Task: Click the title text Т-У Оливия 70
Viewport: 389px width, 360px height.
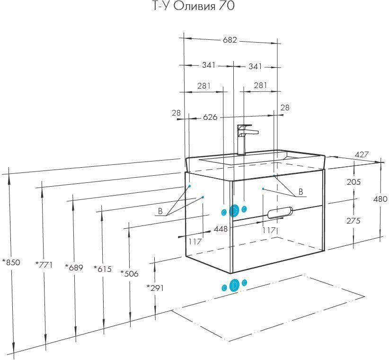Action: click(193, 6)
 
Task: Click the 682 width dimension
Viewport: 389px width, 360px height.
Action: click(230, 40)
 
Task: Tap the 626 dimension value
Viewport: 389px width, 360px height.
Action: click(210, 117)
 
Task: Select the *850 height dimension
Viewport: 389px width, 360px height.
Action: click(11, 262)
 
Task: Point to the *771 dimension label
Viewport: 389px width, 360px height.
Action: click(44, 265)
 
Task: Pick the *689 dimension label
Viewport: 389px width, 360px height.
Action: click(74, 267)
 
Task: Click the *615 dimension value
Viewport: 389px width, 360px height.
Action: click(103, 269)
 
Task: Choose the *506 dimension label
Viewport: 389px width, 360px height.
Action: click(129, 274)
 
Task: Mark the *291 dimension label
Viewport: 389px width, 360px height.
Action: click(155, 288)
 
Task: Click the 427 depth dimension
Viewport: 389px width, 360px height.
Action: click(362, 154)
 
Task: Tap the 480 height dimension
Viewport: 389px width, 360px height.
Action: click(380, 199)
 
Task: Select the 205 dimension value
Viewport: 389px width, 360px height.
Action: click(354, 182)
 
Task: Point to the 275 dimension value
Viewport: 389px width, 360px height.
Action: click(354, 220)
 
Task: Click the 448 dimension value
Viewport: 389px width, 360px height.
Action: click(221, 229)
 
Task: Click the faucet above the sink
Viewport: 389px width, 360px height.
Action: click(246, 140)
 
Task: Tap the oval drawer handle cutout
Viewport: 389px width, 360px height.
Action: click(280, 212)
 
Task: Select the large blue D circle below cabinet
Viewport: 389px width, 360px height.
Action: click(234, 285)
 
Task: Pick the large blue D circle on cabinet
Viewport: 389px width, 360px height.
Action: click(234, 211)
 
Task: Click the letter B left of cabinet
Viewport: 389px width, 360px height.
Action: click(160, 211)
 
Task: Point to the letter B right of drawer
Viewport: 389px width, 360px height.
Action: click(301, 192)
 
